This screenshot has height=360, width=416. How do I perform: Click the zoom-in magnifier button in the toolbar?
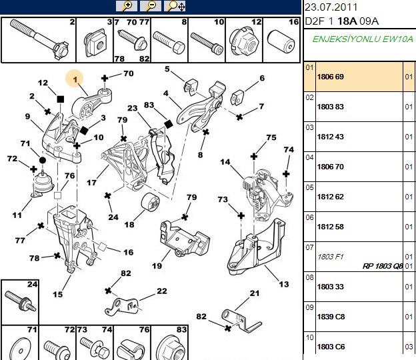click(127, 6)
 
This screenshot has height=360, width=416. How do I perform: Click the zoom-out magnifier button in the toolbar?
click(151, 6)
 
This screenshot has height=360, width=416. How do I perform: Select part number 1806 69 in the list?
click(330, 77)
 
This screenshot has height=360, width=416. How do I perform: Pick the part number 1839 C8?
click(331, 317)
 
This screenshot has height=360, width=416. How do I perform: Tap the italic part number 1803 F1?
click(330, 257)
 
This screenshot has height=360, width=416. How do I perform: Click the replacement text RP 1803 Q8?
click(383, 265)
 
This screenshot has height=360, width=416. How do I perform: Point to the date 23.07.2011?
click(331, 7)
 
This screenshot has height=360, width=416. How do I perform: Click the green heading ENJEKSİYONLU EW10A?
click(363, 39)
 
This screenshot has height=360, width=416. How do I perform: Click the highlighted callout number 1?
click(75, 79)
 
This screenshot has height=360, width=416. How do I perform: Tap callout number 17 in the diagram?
click(91, 183)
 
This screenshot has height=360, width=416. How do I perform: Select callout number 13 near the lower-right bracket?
click(284, 284)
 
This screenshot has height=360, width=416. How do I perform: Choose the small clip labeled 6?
click(237, 97)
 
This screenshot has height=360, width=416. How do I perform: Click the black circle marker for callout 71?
click(43, 160)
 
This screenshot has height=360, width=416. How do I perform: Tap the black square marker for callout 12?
click(61, 99)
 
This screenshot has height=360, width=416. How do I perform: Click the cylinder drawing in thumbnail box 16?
click(281, 42)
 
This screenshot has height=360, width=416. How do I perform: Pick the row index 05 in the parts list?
click(309, 187)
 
